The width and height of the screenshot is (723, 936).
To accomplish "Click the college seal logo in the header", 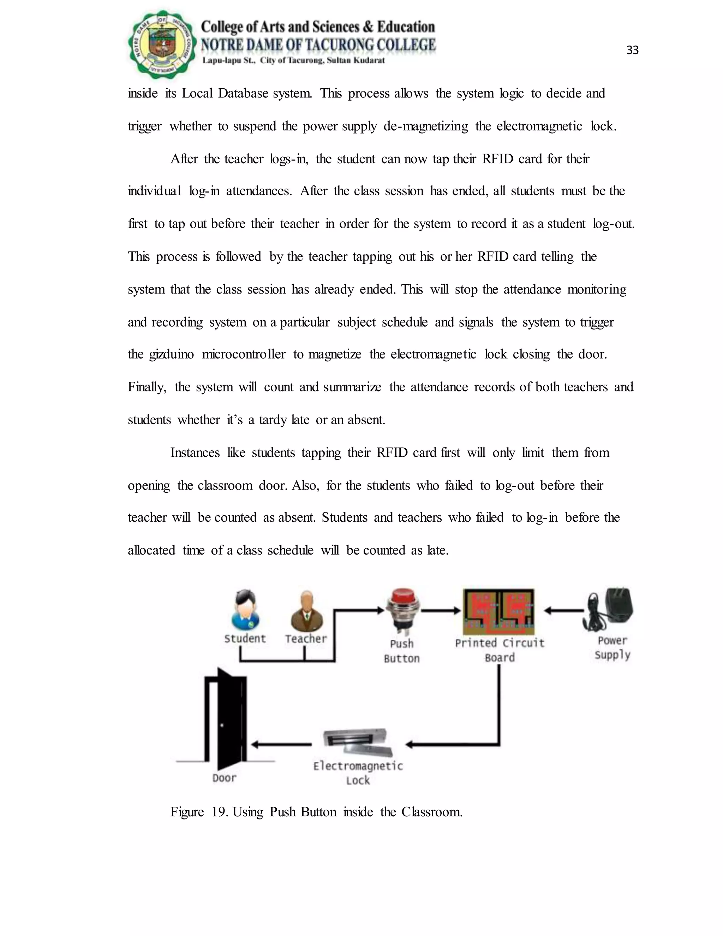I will click(162, 44).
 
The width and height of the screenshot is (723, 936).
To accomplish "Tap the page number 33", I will click(632, 51).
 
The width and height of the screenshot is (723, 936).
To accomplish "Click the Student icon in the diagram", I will click(245, 609).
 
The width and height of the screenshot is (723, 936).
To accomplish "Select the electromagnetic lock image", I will click(358, 742).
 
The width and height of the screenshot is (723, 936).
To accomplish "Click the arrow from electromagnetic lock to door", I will click(281, 745).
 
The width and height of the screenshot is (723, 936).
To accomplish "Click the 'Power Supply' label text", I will click(613, 647).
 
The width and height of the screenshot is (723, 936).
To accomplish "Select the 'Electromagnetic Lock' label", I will click(358, 773).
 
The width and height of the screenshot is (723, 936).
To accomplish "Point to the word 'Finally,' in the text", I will click(147, 387).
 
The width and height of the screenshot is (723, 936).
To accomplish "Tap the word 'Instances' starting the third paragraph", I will click(195, 452).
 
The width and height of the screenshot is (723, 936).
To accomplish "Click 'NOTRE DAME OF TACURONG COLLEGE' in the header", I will click(318, 45).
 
